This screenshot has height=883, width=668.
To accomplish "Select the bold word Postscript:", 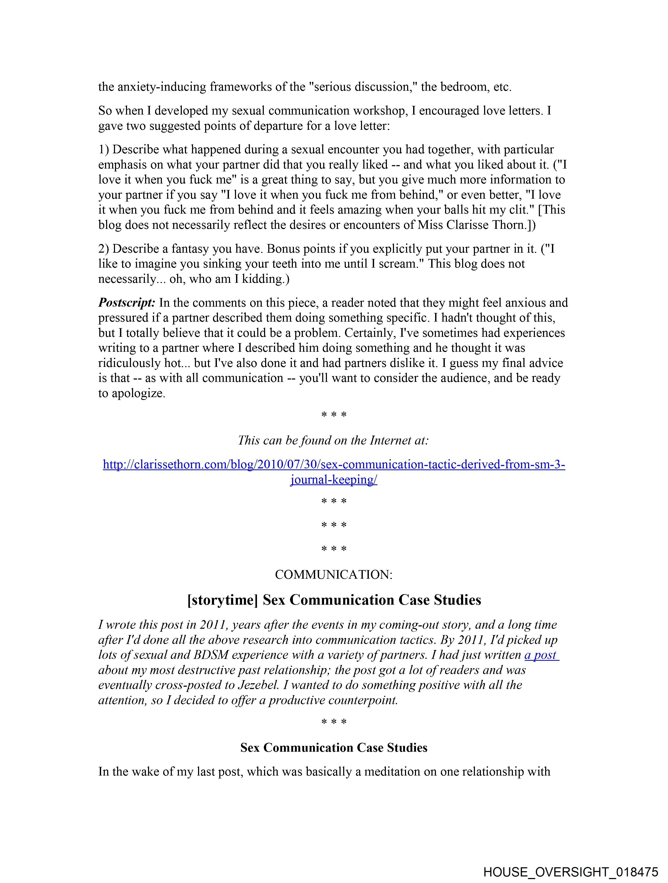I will tap(127, 302).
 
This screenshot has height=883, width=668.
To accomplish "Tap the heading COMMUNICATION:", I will tap(333, 575).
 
